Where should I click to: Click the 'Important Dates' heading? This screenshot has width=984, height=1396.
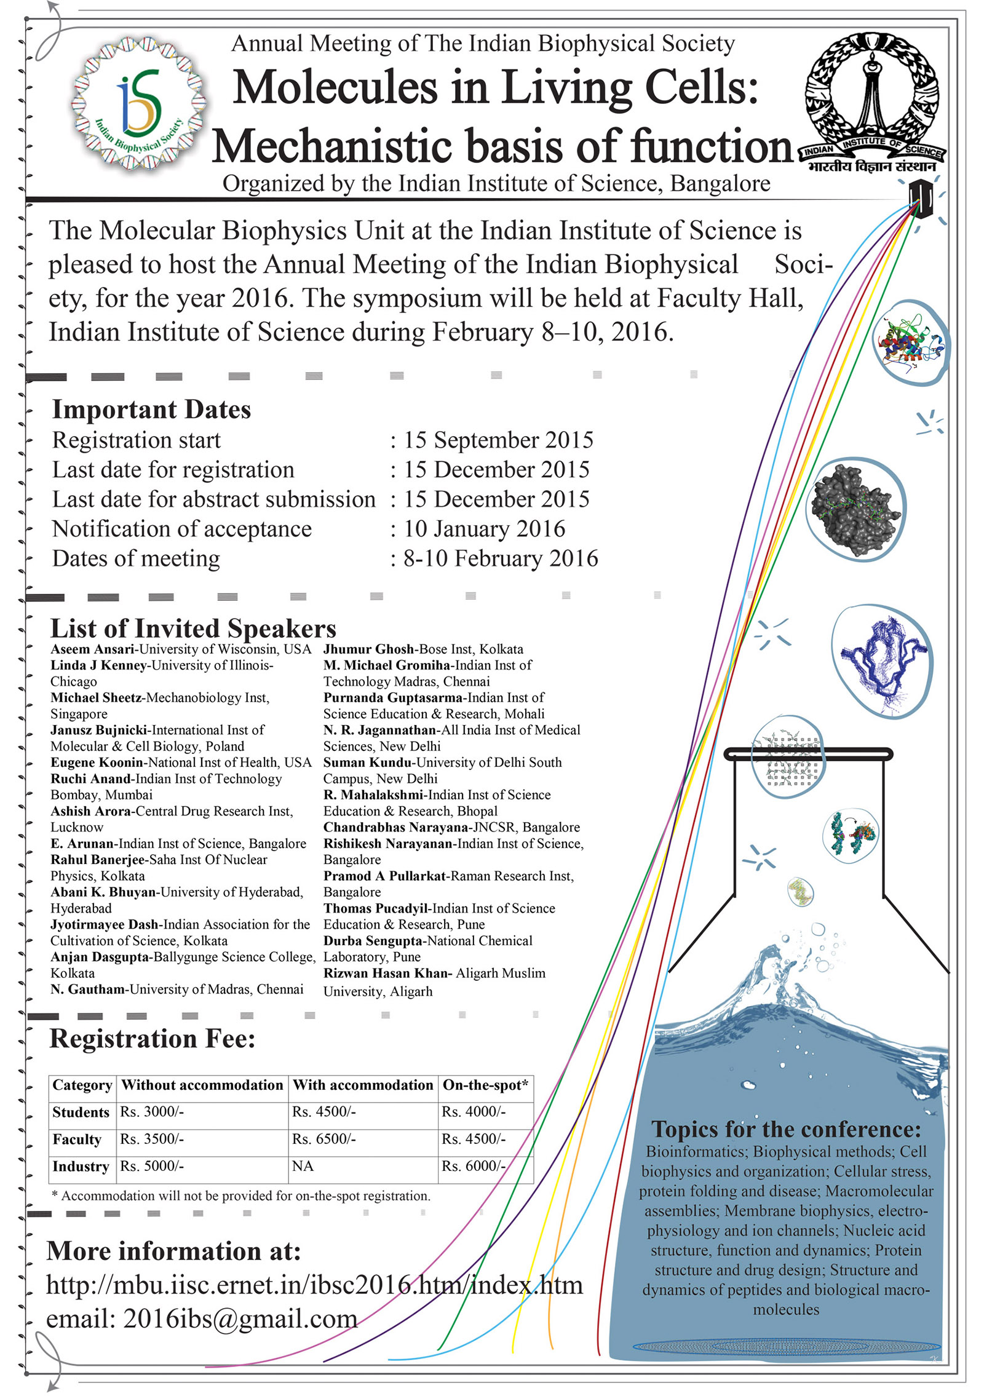click(151, 410)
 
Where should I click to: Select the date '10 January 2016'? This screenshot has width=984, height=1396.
click(484, 529)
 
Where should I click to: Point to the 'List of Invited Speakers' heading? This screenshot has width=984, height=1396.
click(193, 629)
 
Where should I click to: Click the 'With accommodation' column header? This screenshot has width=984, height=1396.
click(362, 1085)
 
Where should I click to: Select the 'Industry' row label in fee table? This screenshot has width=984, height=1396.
click(81, 1167)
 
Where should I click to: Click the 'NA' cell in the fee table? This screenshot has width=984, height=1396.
click(303, 1167)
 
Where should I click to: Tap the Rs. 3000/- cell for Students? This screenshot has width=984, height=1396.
click(152, 1112)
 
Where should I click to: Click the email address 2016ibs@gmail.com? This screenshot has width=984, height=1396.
click(240, 1319)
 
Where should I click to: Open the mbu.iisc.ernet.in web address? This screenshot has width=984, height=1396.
click(314, 1285)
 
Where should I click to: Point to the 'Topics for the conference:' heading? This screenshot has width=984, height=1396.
click(786, 1129)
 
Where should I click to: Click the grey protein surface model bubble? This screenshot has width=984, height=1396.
click(855, 509)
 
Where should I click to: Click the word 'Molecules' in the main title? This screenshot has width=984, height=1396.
click(335, 87)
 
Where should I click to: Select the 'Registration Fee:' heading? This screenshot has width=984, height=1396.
click(152, 1039)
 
